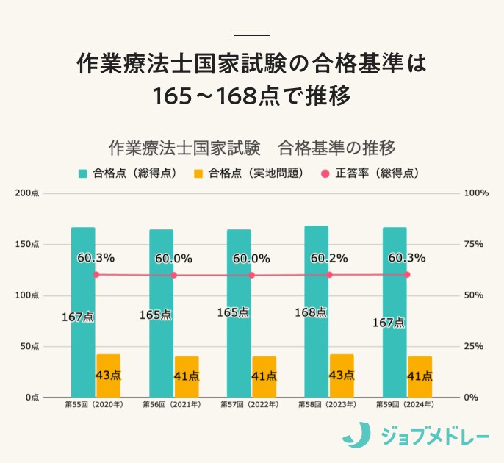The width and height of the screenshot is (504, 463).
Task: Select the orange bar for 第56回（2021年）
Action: [x=187, y=377]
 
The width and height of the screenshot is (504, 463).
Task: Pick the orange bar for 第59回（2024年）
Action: [x=420, y=377]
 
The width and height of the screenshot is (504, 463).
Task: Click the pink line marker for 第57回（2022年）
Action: [x=252, y=275]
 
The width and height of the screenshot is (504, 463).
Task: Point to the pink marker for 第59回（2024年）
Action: [x=407, y=274]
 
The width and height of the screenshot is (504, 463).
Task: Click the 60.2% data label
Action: [x=328, y=259]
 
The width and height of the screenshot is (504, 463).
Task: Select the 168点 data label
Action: [x=310, y=312]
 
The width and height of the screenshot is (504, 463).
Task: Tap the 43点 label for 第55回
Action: [x=108, y=376]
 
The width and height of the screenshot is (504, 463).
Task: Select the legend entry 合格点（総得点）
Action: [x=127, y=174]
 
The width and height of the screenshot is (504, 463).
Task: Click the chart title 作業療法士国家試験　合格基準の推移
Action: [x=252, y=148]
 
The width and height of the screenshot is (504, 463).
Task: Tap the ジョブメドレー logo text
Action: [x=433, y=437]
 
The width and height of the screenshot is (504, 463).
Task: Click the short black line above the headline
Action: [x=251, y=35]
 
